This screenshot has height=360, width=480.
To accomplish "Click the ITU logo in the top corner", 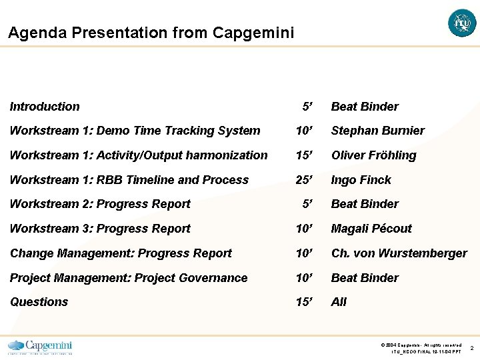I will click(x=462, y=23).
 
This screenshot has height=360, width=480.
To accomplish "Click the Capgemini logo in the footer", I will click(x=40, y=347).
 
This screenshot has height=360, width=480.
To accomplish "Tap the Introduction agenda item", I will click(x=45, y=107).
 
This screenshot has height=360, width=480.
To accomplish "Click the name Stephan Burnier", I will click(x=377, y=131).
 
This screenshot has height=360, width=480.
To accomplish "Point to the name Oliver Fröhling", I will click(x=373, y=155).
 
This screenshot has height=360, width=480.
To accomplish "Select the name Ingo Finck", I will click(x=361, y=180).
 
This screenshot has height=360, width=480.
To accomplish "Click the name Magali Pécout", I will click(x=371, y=229).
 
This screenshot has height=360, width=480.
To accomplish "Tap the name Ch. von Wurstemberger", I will click(x=399, y=253).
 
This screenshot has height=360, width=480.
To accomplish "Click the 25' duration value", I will click(x=305, y=180).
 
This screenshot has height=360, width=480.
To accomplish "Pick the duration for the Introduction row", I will click(x=307, y=107).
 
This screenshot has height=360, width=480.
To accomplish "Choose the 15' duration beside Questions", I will click(x=305, y=302).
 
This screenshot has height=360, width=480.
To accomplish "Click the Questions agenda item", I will click(x=39, y=302).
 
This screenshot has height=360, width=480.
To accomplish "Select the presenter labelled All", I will click(x=339, y=302).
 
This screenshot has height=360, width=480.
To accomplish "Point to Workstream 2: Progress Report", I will click(x=100, y=204).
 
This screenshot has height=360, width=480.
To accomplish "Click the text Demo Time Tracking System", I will click(x=178, y=131).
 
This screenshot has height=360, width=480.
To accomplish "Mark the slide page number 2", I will click(x=471, y=348).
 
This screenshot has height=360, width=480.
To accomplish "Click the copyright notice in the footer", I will click(x=421, y=345).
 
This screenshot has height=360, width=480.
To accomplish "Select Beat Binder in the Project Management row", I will click(x=365, y=278).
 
